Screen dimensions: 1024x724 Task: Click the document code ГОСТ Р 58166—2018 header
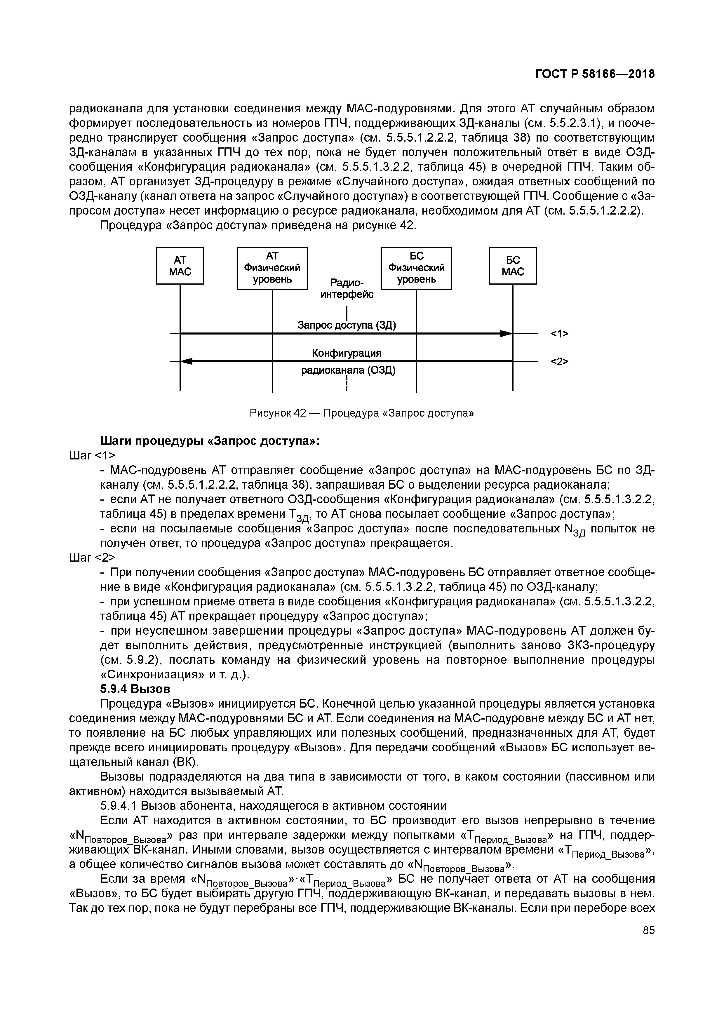point(595,74)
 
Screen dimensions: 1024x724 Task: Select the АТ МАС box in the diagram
point(180,266)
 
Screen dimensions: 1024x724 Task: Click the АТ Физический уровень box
point(272,268)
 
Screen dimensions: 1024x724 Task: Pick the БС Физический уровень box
point(416,268)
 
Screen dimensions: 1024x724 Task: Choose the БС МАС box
point(513,266)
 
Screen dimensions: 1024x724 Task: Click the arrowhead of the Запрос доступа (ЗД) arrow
point(506,333)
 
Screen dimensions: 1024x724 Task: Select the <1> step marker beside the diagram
point(559,334)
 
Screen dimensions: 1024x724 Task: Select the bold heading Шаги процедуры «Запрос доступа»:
point(210,441)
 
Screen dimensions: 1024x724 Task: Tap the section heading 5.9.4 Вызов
point(135,689)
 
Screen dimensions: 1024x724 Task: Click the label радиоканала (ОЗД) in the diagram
point(348,370)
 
